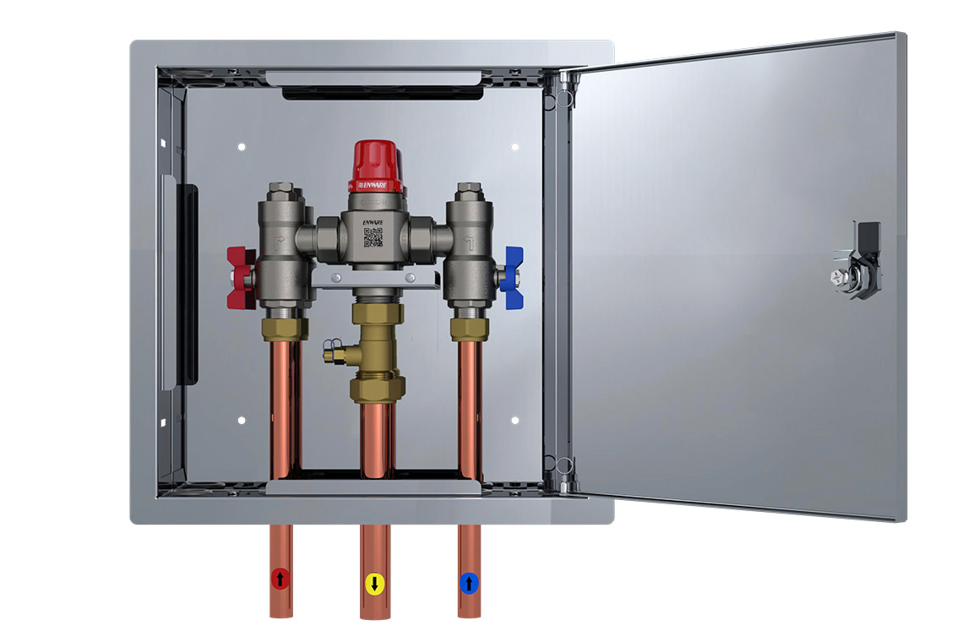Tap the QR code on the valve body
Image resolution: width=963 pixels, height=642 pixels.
coord(373,237)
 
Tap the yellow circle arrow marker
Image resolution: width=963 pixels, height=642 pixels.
coord(374,583)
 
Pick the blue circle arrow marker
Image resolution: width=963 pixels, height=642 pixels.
coord(469,582)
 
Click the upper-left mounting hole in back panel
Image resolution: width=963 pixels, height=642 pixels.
coord(242,147)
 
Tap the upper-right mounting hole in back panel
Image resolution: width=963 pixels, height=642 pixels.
coord(515,147)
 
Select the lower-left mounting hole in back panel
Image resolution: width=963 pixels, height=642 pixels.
coord(242,420)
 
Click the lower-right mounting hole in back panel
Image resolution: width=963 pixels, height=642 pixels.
coord(515,420)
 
